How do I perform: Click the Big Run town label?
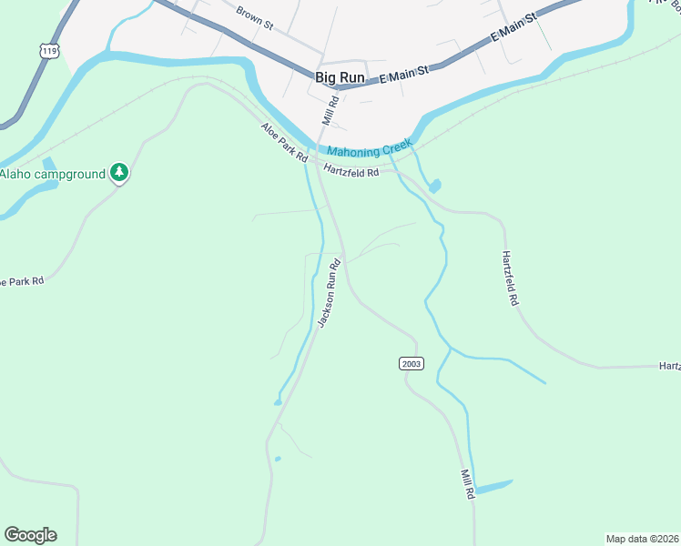340,77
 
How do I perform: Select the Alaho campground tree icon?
118,172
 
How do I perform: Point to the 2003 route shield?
411,363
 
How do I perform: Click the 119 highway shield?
49,51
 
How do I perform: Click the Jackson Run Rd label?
329,293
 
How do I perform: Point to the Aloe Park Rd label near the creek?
284,143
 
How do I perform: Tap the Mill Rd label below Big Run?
329,110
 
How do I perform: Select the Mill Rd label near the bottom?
468,482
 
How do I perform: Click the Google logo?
30,535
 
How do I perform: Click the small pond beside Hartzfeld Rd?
434,187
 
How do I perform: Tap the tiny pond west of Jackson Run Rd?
278,458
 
